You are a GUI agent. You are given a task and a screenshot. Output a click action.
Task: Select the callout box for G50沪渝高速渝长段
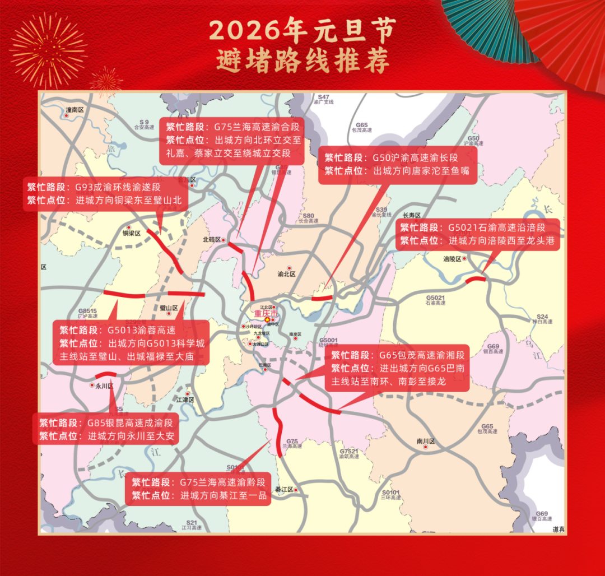[x=397, y=165]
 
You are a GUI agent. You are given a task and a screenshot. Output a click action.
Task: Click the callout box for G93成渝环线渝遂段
[x=105, y=193]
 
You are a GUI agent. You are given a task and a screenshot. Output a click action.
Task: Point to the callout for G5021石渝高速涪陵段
[x=478, y=234]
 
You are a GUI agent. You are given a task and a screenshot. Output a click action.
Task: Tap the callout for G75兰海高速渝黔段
[x=198, y=489]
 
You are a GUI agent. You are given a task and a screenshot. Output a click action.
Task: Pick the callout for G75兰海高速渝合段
[x=232, y=140]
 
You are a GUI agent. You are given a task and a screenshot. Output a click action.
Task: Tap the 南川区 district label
[x=426, y=441]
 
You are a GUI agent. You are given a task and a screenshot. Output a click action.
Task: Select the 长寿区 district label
[x=412, y=215]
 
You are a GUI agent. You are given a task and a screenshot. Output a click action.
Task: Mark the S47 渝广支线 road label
[x=324, y=99]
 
